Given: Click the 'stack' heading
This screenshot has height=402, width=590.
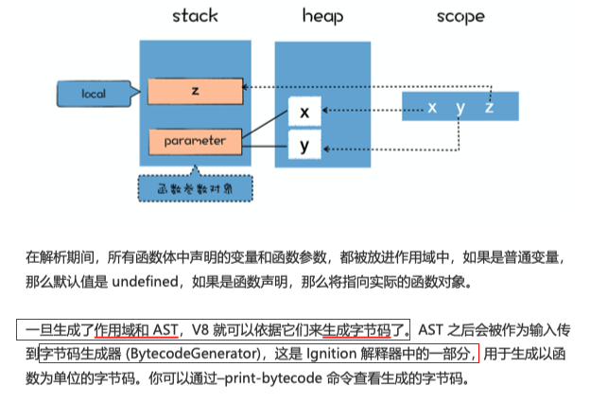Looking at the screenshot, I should pyautogui.click(x=195, y=16).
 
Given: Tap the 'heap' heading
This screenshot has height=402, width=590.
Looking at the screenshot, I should pyautogui.click(x=322, y=16).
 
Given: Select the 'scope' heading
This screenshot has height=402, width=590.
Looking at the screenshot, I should pyautogui.click(x=460, y=16).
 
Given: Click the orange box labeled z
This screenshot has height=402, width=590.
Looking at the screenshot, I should pyautogui.click(x=193, y=90).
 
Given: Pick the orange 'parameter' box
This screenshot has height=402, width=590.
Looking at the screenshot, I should pyautogui.click(x=194, y=141).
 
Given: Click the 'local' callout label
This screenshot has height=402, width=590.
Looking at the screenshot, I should pyautogui.click(x=93, y=94).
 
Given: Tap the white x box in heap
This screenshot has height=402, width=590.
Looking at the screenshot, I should pyautogui.click(x=304, y=113).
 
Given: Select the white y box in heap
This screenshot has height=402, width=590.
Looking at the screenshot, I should pyautogui.click(x=304, y=146).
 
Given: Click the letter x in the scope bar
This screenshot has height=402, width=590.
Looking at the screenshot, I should pyautogui.click(x=432, y=107).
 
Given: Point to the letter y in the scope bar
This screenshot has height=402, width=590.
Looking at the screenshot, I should pyautogui.click(x=460, y=107).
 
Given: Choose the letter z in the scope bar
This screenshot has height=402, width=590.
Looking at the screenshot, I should pyautogui.click(x=489, y=107).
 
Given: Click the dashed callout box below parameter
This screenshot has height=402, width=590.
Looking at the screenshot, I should pyautogui.click(x=195, y=188).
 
